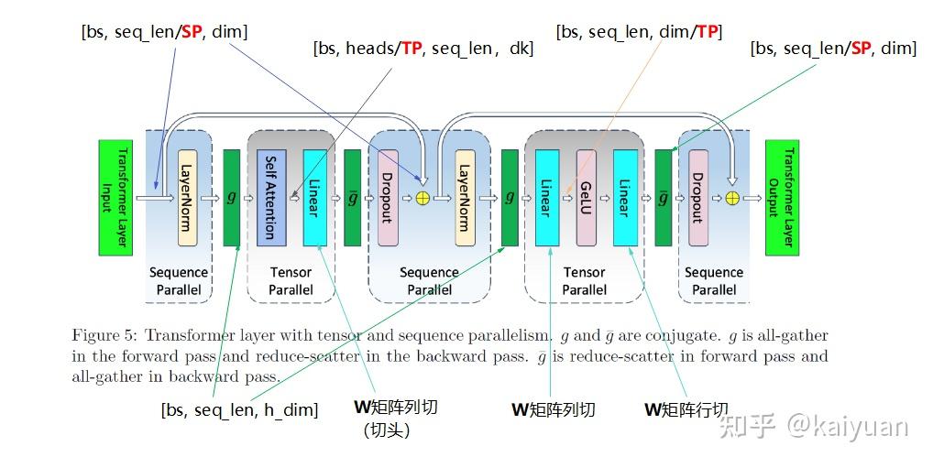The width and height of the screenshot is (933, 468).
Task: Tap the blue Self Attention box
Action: [x=271, y=197]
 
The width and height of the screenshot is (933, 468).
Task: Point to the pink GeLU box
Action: [x=587, y=197]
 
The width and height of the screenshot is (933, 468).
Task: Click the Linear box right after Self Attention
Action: [x=314, y=197]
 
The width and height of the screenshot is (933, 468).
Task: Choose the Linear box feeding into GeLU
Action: [x=547, y=197]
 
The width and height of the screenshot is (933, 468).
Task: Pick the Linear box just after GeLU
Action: [x=625, y=197]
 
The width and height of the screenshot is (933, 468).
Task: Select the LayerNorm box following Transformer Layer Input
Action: [x=187, y=197]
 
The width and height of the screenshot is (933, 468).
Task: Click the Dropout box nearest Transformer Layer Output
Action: [x=697, y=197]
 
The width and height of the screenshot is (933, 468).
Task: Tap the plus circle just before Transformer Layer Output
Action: [x=731, y=197]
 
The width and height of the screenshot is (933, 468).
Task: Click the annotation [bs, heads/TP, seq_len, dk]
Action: [x=423, y=49]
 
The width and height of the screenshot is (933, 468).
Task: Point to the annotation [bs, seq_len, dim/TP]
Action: [x=639, y=32]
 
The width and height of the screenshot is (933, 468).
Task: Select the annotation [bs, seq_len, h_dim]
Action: [x=239, y=409]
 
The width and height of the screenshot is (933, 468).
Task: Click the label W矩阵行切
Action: [x=686, y=409]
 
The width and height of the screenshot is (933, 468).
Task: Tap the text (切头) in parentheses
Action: [x=386, y=430]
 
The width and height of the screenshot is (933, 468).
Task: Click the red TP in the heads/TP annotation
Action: [x=412, y=49]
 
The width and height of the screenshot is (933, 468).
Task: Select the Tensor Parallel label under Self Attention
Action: [x=291, y=280]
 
